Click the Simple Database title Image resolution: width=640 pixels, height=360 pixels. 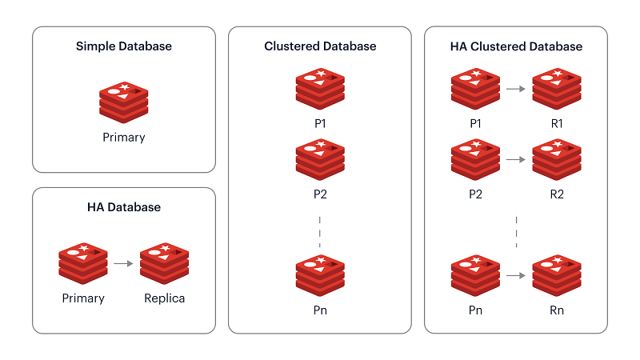click(x=124, y=46)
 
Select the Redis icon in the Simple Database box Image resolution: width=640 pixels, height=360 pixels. click(x=124, y=100)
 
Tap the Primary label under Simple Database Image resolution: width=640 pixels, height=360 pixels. click(x=124, y=137)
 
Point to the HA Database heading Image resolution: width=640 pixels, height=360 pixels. click(x=124, y=207)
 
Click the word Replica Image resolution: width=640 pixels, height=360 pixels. click(x=164, y=298)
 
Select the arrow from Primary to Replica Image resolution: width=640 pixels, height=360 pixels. click(x=123, y=262)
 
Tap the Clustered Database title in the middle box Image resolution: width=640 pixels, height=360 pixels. click(x=320, y=46)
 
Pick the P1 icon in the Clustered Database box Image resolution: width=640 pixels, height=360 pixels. click(x=320, y=88)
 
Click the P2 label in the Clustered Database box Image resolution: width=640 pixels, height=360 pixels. click(x=320, y=194)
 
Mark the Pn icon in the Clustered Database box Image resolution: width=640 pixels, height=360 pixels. click(x=320, y=274)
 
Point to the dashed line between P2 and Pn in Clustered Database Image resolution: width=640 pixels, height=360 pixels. click(x=320, y=232)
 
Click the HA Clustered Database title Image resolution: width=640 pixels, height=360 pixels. click(x=516, y=46)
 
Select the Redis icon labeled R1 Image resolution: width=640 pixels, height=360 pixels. click(x=557, y=88)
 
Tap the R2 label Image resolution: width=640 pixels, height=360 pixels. click(x=557, y=194)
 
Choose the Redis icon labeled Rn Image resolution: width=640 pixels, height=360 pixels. click(x=557, y=274)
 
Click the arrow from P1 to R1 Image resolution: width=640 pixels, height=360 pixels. click(x=516, y=89)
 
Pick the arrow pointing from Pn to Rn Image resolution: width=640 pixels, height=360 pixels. click(x=516, y=275)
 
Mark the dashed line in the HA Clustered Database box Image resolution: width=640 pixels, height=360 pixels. click(x=516, y=232)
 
